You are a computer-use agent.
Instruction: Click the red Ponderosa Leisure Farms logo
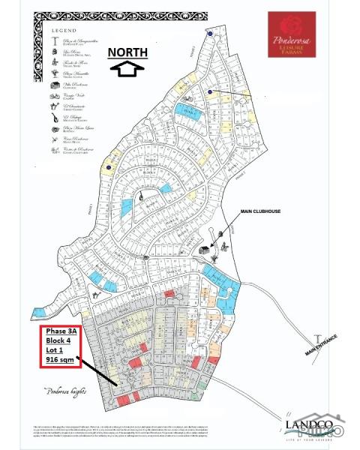point(292,34)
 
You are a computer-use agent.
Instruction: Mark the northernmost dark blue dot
point(210,34)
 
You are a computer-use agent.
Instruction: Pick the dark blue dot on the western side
point(109,167)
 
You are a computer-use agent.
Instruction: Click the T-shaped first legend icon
point(54,40)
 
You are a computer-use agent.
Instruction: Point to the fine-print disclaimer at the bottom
point(150,431)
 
